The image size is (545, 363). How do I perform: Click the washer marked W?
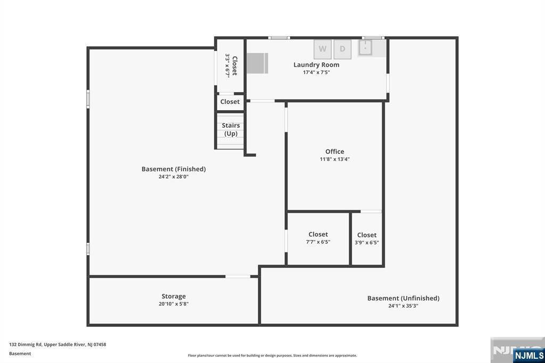coord(323,49)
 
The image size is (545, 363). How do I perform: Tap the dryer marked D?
coord(342,49)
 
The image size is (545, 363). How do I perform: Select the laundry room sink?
coord(365,47)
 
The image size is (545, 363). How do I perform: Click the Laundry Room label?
coord(316,65)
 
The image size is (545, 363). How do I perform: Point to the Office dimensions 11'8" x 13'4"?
coord(335,159)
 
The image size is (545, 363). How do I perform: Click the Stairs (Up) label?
coord(231,129)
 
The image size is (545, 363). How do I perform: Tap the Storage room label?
coord(174,296)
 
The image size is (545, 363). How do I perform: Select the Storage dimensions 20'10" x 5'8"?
coord(174,304)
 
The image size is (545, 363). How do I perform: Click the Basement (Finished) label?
coord(174,169)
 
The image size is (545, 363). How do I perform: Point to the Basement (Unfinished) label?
coord(403,298)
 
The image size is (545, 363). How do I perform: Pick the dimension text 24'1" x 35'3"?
coord(403,306)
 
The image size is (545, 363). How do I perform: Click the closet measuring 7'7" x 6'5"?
coord(318,238)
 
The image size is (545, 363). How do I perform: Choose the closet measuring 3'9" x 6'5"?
coord(367,239)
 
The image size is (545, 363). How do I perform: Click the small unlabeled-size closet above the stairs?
coord(230,102)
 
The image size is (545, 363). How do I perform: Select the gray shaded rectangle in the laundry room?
coord(258,63)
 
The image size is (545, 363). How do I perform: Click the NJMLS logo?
coord(529,356)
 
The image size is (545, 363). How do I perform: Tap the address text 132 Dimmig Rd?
coord(26,344)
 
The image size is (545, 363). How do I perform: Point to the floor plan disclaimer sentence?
coord(272,356)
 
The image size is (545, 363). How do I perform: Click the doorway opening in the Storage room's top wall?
coord(238,277)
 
